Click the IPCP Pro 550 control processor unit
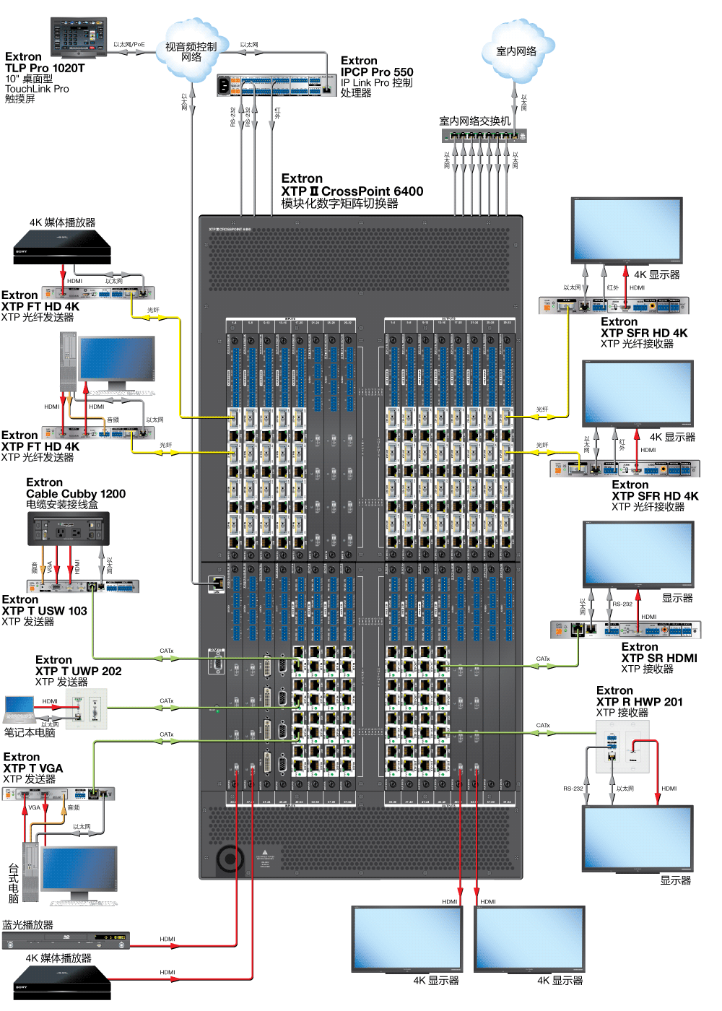(x=277, y=85)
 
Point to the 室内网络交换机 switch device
(x=484, y=135)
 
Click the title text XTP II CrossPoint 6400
(x=352, y=191)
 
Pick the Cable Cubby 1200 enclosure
(x=69, y=529)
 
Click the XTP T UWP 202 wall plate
(x=87, y=708)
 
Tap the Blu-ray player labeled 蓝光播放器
(x=66, y=940)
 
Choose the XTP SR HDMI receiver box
(x=625, y=629)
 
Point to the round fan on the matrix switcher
(x=230, y=859)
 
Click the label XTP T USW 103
(x=45, y=611)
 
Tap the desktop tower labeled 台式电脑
(x=30, y=872)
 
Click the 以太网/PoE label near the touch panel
(x=129, y=45)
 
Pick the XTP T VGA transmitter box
(x=58, y=794)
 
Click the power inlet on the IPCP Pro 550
(x=224, y=85)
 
